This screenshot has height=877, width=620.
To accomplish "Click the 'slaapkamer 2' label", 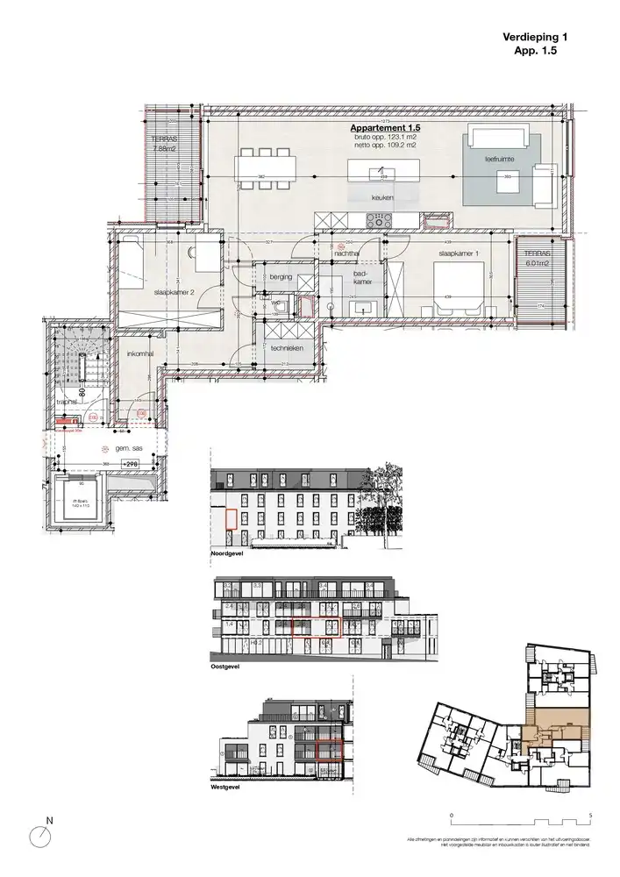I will click(174, 292).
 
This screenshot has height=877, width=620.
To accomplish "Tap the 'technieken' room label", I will click(288, 348).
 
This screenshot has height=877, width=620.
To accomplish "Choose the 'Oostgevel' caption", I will click(225, 667).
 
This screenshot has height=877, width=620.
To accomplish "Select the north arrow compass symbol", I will click(39, 836).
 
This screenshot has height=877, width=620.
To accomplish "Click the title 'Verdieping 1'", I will click(536, 37).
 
